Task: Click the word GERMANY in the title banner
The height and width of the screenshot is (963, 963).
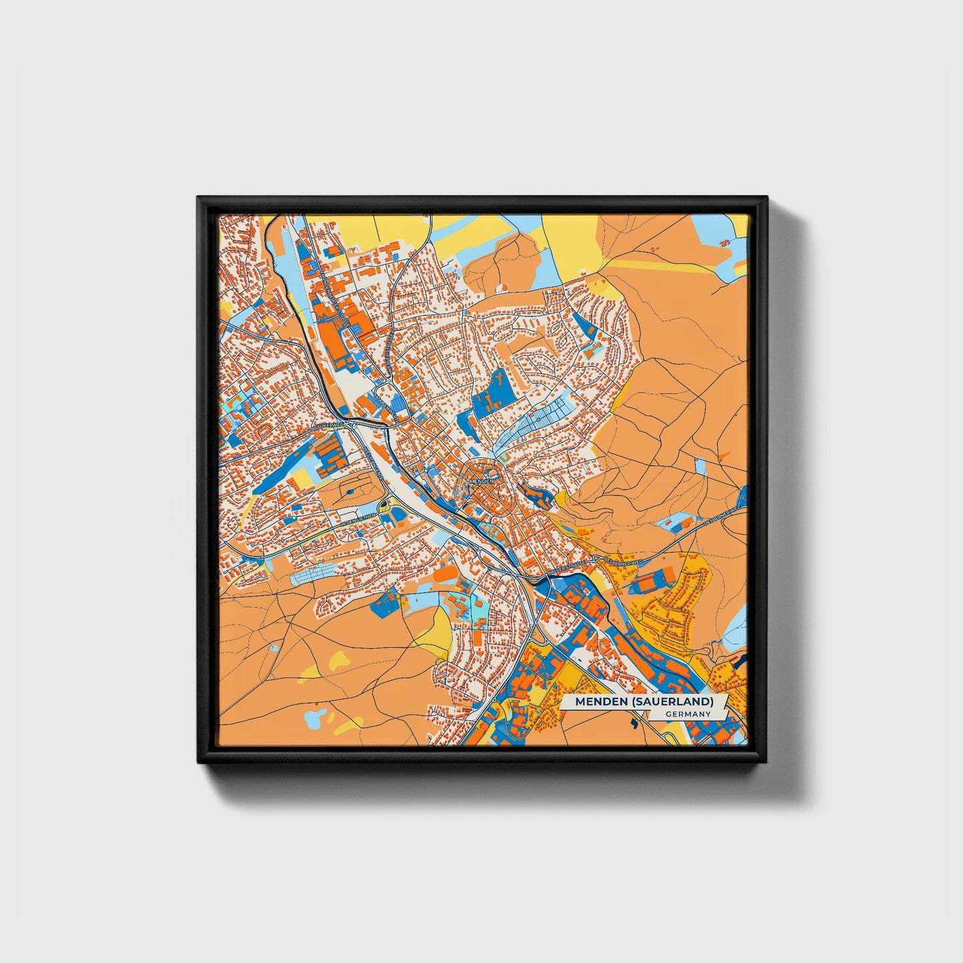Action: tap(688, 714)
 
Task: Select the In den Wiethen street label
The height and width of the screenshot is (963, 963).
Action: tap(359, 517)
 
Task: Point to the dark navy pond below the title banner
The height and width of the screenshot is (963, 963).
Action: tap(632, 721)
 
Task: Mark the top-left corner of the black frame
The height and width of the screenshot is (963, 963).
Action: tap(198, 197)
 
